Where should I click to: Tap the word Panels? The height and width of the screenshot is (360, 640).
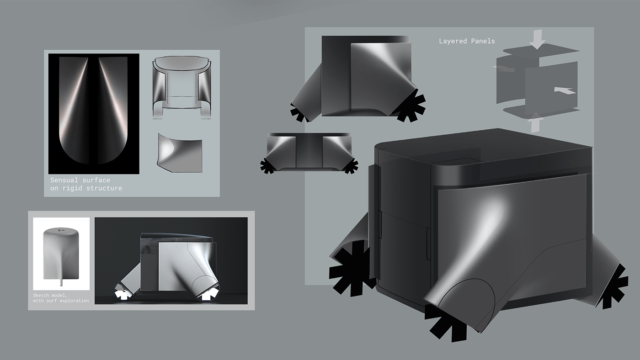pyautogui.click(x=482, y=41)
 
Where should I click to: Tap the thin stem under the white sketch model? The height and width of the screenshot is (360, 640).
pyautogui.click(x=61, y=283)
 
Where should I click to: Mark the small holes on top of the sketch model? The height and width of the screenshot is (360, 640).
pyautogui.click(x=61, y=231)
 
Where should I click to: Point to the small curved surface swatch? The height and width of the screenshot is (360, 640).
pyautogui.click(x=180, y=153)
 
